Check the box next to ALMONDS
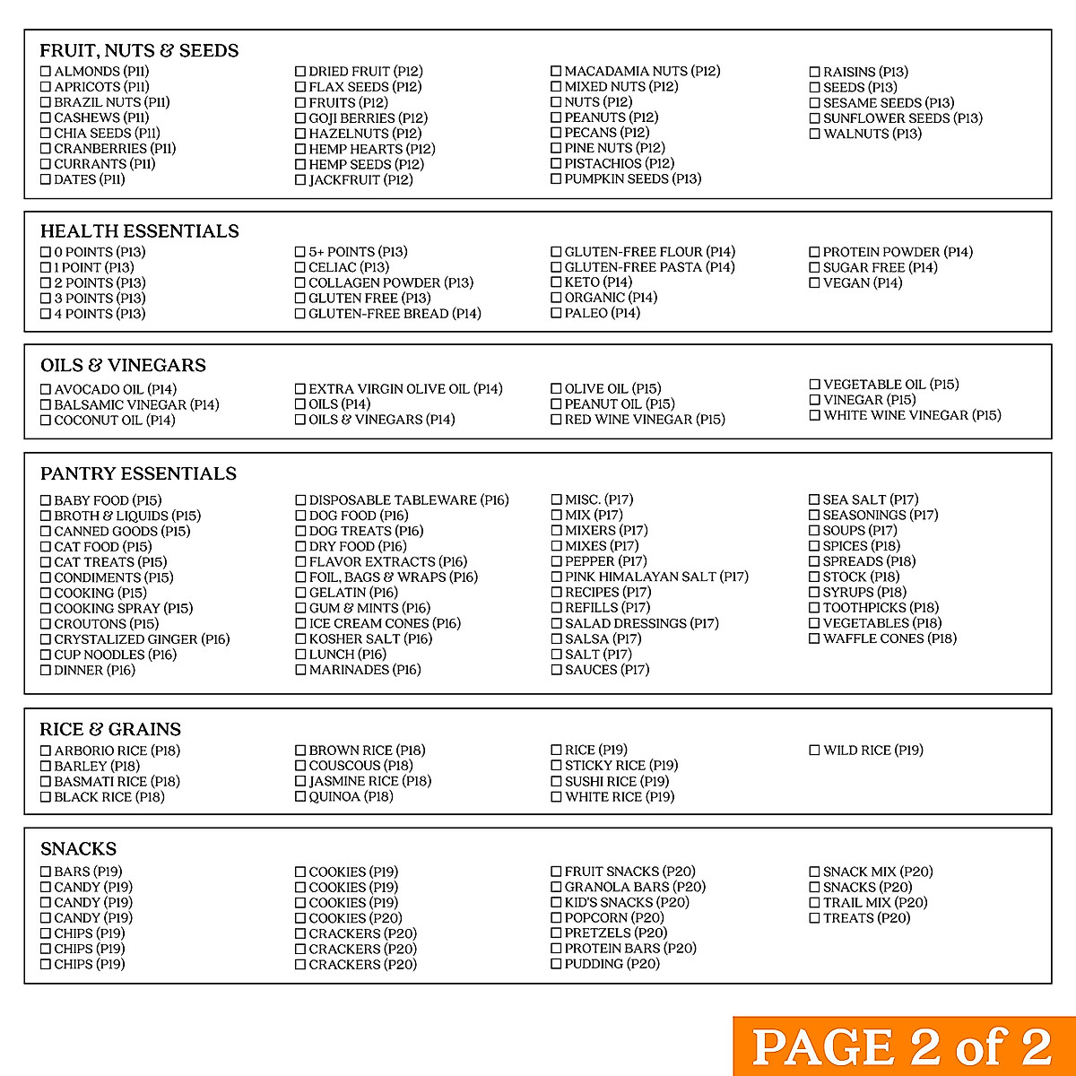(x=46, y=72)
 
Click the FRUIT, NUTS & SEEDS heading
(x=139, y=50)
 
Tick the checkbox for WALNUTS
(x=815, y=134)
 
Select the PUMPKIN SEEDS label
(x=633, y=178)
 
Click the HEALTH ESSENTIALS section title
(x=139, y=231)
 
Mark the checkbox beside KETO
(x=556, y=282)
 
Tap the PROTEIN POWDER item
(x=898, y=252)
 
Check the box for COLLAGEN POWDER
(x=300, y=282)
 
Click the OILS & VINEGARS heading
(x=123, y=365)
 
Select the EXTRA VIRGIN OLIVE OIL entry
(x=405, y=389)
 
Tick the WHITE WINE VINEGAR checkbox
(x=815, y=415)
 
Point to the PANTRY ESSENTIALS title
(x=138, y=473)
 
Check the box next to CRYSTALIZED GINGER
(x=46, y=639)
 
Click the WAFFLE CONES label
(x=889, y=638)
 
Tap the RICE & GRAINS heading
(x=110, y=729)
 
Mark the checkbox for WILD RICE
(x=815, y=751)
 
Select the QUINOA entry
(x=351, y=796)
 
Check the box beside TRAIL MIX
(x=815, y=903)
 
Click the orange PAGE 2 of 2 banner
(x=904, y=1046)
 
